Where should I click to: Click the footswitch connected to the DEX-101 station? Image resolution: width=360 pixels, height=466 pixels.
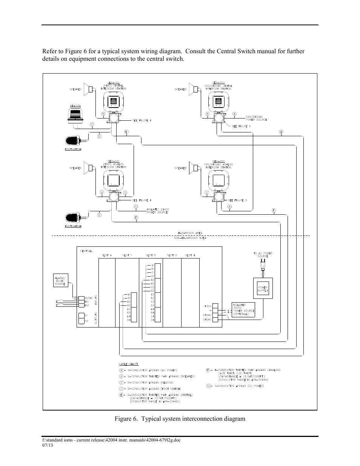73,218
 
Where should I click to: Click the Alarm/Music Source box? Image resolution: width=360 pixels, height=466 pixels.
60,281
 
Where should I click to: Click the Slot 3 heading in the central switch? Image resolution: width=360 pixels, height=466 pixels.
172,255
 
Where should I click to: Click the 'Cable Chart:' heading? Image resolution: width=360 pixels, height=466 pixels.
129,364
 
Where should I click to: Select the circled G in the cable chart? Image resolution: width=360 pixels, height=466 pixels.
208,386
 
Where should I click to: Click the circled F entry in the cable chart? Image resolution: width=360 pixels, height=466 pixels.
208,370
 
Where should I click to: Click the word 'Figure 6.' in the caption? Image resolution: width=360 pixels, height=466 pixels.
128,419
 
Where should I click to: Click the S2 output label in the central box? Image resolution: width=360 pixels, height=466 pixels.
86,321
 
